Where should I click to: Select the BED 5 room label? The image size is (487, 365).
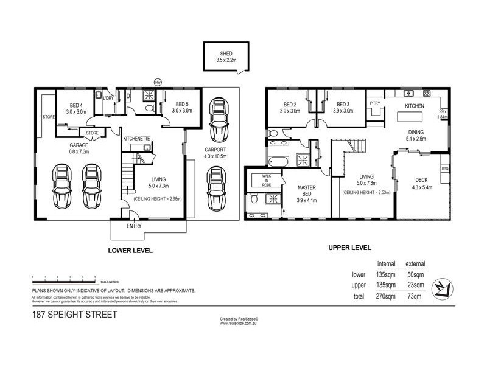[181, 104]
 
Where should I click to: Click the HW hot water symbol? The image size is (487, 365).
[158, 82]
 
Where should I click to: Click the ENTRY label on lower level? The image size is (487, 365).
[134, 226]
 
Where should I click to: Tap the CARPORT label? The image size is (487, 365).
[214, 149]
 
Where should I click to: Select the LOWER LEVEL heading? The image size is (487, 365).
[130, 250]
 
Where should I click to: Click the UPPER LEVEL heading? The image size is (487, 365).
[349, 248]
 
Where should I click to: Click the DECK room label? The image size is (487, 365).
[421, 180]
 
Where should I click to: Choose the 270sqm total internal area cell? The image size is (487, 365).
[387, 296]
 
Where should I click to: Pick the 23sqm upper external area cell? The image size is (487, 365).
[415, 285]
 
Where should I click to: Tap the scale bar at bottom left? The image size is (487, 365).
[64, 278]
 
